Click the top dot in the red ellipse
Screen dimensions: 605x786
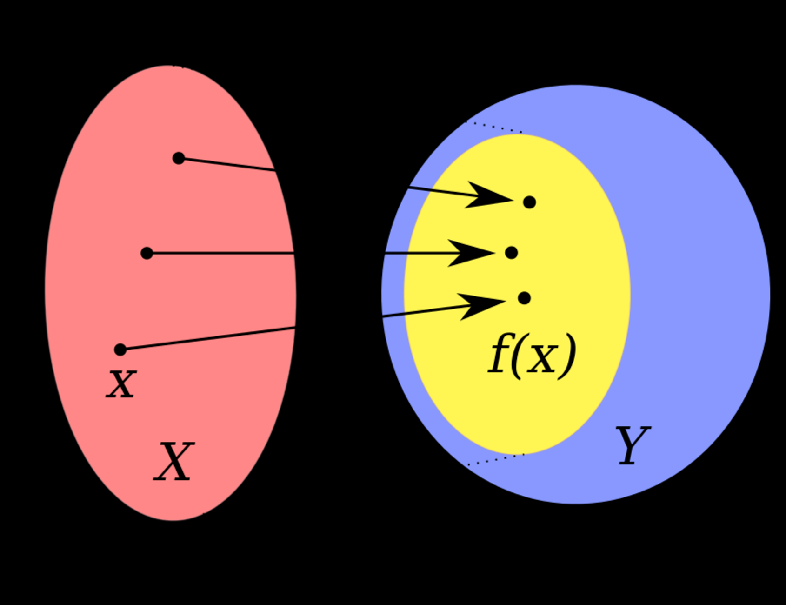pos(179,158)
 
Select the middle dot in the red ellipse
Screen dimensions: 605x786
pos(147,253)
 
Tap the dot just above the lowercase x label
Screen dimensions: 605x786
pos(120,350)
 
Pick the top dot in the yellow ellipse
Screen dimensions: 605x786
pos(529,202)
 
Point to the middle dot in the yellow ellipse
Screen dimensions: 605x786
pos(511,253)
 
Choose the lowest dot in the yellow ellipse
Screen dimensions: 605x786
pos(524,298)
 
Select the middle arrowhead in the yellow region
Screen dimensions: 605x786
pos(470,253)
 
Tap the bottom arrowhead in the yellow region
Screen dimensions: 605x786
pos(481,305)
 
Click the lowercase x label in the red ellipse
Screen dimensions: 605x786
pos(121,384)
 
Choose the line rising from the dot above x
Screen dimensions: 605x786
pos(209,338)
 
